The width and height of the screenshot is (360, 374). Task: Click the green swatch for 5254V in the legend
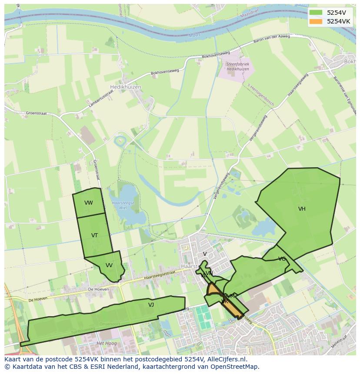tap(316, 13)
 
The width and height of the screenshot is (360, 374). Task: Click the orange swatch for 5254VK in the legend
tap(316, 21)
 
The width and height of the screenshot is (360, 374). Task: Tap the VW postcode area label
tap(89, 203)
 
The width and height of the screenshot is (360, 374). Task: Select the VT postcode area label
tap(94, 235)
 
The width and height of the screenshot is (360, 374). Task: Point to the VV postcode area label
tap(109, 265)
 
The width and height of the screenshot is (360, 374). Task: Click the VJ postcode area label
tap(151, 305)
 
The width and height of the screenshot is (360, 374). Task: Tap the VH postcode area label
tap(302, 209)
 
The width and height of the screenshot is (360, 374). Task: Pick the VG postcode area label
tap(282, 259)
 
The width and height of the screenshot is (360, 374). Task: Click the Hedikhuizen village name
tap(126, 87)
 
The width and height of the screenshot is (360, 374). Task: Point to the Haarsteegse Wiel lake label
tap(123, 205)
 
